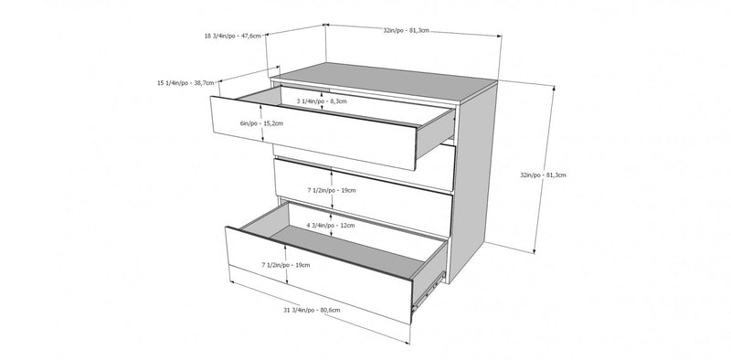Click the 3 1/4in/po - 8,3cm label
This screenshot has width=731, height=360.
(x=322, y=101)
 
